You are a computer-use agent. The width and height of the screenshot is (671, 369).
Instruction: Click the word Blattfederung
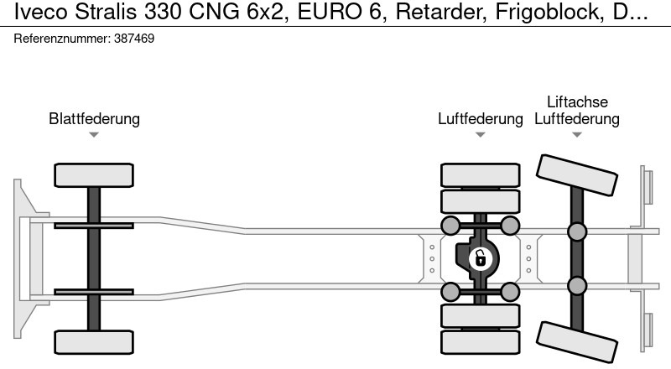click(x=94, y=118)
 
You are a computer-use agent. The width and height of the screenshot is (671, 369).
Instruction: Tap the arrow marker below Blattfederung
click(x=94, y=135)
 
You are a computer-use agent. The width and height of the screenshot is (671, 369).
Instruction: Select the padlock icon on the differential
click(x=480, y=257)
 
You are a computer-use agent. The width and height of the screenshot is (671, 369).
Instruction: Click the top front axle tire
click(x=94, y=175)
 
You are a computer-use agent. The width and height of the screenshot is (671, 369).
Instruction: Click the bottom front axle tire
click(x=94, y=341)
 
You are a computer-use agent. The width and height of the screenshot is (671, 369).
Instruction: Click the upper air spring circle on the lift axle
click(x=577, y=230)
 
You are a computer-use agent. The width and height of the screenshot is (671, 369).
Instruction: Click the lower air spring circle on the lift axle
click(x=577, y=287)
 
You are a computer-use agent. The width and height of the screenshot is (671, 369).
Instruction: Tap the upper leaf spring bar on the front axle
click(x=94, y=226)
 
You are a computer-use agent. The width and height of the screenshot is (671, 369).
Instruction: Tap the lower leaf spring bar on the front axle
click(x=94, y=292)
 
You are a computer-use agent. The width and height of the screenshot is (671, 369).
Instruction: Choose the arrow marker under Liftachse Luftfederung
click(x=577, y=135)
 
